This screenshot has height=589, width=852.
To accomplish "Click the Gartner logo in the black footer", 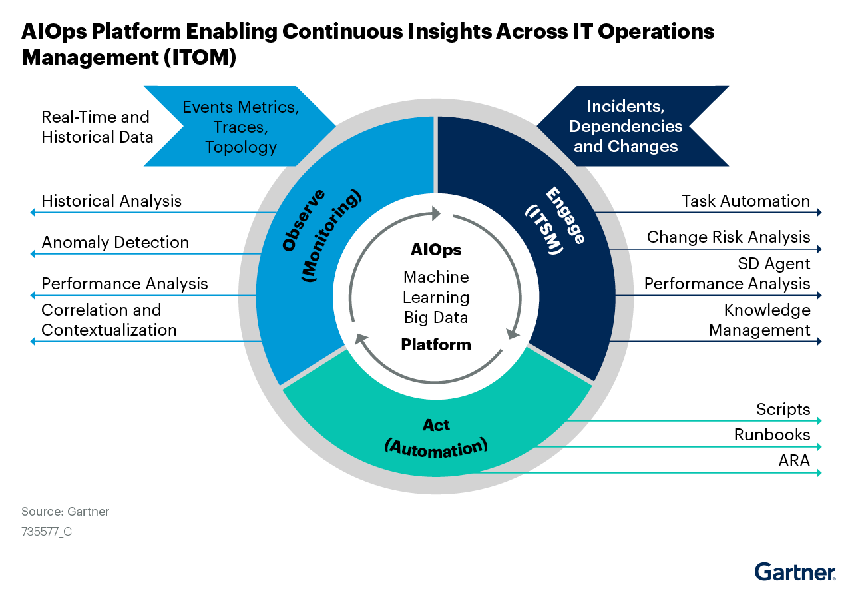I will [x=795, y=572].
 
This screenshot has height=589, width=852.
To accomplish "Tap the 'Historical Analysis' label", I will [x=111, y=201].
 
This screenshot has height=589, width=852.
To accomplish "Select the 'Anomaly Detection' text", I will [x=115, y=243].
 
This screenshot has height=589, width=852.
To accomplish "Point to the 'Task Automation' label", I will [x=745, y=201].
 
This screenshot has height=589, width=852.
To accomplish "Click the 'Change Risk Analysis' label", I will [x=728, y=237].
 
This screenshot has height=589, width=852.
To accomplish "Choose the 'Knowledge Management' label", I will [x=759, y=320].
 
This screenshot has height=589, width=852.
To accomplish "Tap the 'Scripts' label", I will [x=783, y=410].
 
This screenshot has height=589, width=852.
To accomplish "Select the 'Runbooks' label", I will [x=772, y=435].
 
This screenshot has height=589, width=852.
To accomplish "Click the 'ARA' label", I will [x=794, y=460].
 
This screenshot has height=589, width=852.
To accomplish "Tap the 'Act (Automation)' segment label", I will [x=436, y=438].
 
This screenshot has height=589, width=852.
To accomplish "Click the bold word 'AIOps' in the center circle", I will [x=436, y=251].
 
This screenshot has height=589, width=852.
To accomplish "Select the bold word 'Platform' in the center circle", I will [x=436, y=345].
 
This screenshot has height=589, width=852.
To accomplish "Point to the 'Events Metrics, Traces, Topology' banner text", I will [x=240, y=127].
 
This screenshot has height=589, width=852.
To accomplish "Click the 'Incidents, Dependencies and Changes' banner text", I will [x=626, y=126].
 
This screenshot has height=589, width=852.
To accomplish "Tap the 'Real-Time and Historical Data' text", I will [x=97, y=127].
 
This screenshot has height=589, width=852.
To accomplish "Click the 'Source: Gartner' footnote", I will [x=65, y=512].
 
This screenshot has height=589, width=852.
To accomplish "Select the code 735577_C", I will [x=47, y=532].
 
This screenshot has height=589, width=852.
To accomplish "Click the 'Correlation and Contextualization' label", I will [x=108, y=320].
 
